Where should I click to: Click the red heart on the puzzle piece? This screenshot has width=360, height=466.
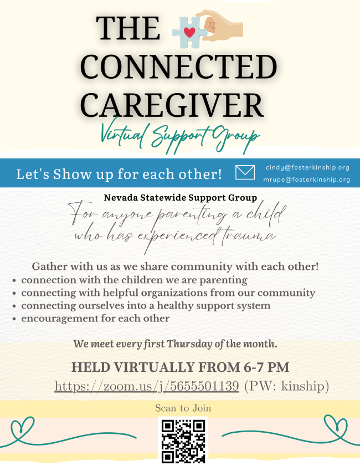pos(189,32)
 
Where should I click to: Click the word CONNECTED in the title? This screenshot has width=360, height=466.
pos(178,66)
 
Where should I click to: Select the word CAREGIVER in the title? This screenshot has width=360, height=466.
pos(172,105)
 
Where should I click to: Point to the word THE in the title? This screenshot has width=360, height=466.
pos(128,28)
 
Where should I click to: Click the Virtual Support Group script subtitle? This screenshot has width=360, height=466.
pos(180,136)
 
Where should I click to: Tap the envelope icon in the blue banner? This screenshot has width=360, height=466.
pos(245,172)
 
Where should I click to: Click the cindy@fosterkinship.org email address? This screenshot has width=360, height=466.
pos(307,167)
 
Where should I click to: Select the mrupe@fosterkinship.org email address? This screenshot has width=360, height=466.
pos(306,180)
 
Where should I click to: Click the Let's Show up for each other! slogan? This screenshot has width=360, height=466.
pos(119,174)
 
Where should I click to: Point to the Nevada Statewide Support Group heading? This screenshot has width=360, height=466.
pos(181,198)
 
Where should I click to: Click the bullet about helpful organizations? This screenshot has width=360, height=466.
pos(168,293)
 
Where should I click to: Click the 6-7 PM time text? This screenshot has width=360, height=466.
pos(266,367)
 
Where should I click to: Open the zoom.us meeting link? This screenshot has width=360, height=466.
pos(147,386)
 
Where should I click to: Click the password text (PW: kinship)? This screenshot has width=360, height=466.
pos(287,386)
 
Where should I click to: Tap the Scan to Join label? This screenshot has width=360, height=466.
pos(183,408)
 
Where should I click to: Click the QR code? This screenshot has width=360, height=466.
pos(183,441)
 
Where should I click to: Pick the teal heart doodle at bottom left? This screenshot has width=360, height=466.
pos(22,426)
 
